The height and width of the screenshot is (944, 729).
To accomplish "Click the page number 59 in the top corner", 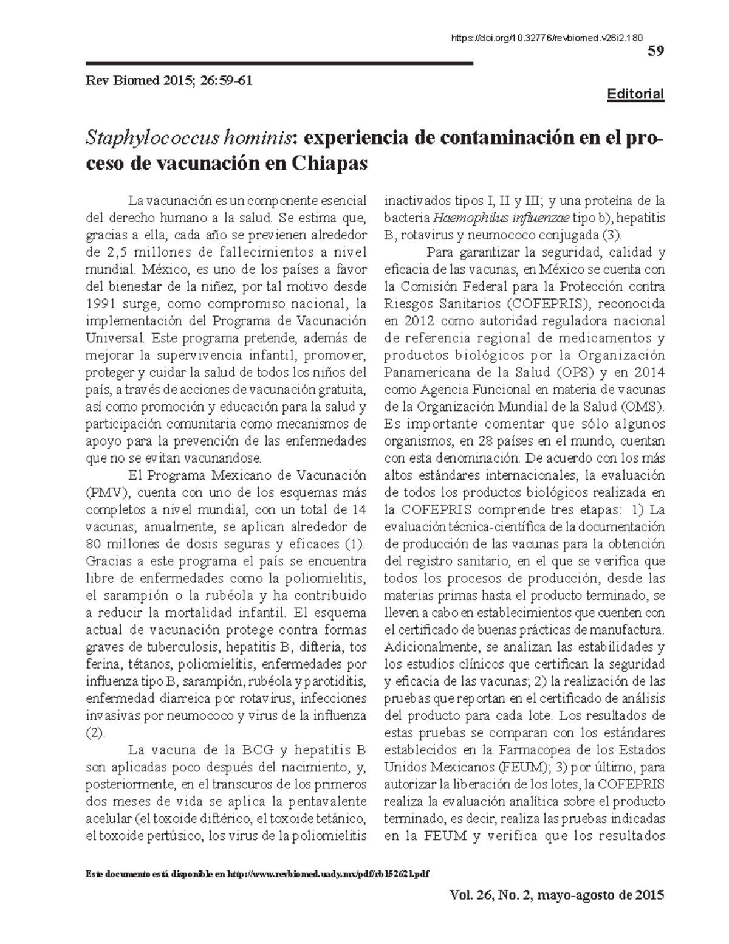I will tap(656, 51).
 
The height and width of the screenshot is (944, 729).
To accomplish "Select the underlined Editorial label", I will tap(636, 94).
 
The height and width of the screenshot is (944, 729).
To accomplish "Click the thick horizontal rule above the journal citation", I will tap(279, 63).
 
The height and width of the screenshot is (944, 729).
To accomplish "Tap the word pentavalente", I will tap(329, 801).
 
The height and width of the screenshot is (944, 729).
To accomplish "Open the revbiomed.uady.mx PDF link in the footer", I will tap(328, 873).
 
